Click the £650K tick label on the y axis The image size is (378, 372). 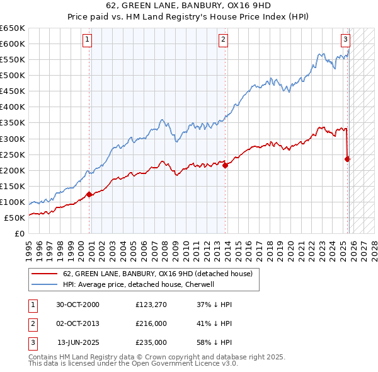[13, 28]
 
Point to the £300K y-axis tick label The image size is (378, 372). [13, 139]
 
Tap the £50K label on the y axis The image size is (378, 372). [15, 218]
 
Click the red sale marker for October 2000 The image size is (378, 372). [89, 194]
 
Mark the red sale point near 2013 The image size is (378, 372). [225, 165]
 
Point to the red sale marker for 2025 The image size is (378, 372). [347, 159]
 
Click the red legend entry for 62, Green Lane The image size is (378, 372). [157, 274]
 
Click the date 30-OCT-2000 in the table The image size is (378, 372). [77, 305]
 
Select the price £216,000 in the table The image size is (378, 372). [151, 323]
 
